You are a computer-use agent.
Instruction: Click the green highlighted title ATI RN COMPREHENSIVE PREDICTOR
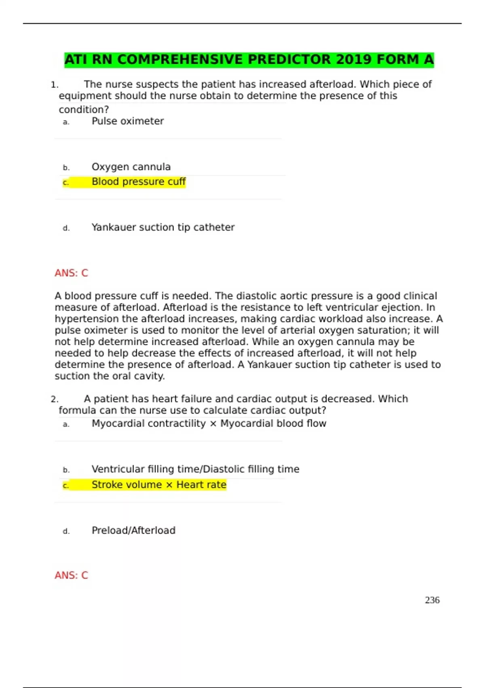tap(249, 60)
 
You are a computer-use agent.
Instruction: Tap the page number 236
tap(432, 600)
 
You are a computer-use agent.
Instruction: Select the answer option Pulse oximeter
tap(127, 121)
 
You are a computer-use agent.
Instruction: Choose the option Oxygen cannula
tap(131, 167)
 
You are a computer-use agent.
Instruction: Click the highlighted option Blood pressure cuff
tap(138, 182)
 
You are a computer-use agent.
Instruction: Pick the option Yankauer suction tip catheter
tap(163, 227)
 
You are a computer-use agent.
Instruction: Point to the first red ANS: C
tap(71, 273)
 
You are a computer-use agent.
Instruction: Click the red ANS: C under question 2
tap(71, 575)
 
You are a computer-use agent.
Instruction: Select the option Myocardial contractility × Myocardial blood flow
tap(209, 424)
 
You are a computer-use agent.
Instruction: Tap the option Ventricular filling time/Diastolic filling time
tap(195, 469)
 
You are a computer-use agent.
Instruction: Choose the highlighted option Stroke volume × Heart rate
tap(159, 485)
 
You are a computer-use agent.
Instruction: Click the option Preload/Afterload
tap(133, 531)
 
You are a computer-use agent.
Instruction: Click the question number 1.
tap(55, 85)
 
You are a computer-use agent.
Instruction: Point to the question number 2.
tap(55, 399)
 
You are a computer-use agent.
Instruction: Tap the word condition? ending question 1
tap(84, 110)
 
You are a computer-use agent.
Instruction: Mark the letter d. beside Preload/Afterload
tap(66, 531)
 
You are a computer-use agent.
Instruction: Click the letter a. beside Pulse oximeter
tap(66, 122)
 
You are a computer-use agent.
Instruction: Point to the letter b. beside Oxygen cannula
tap(66, 168)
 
